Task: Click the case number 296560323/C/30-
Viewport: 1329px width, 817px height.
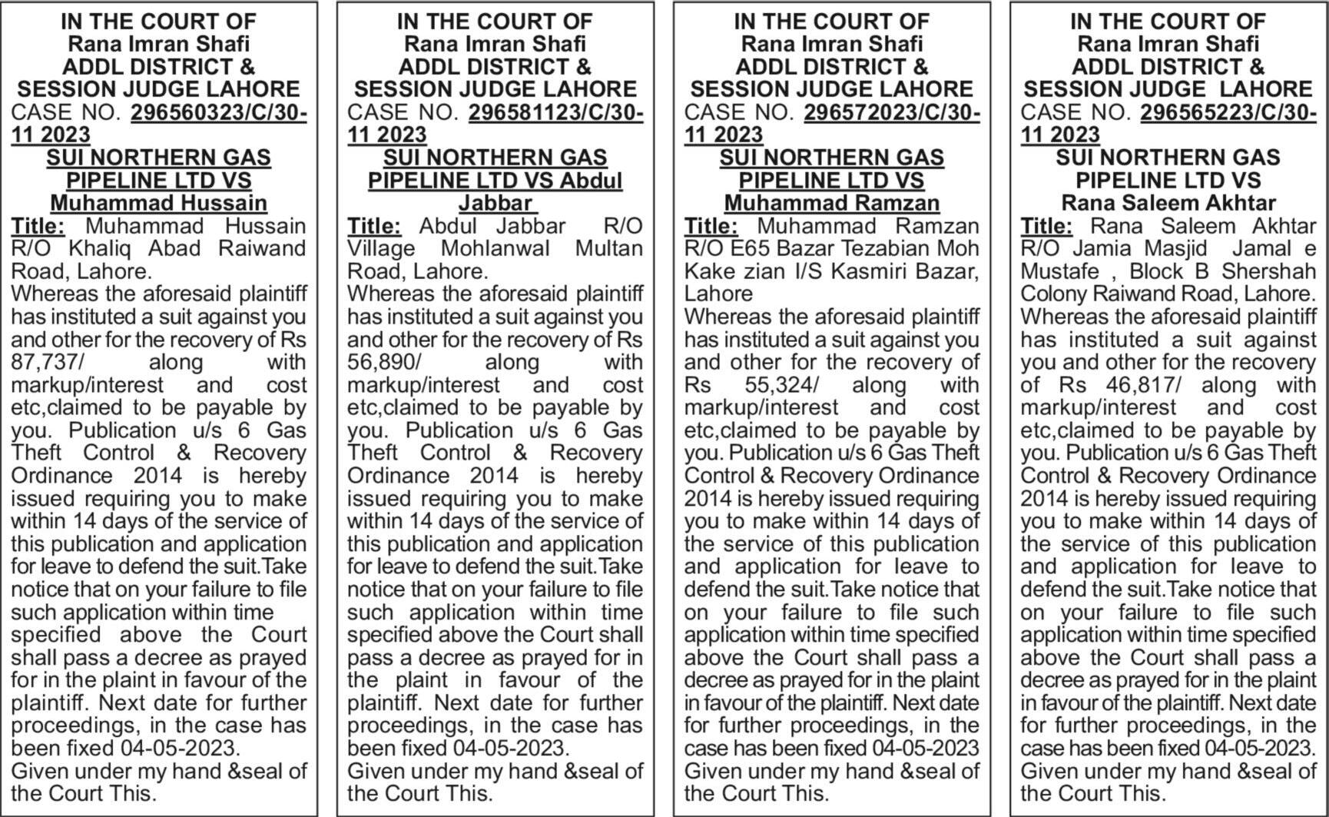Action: point(219,112)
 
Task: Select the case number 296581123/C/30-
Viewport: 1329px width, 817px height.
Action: point(555,112)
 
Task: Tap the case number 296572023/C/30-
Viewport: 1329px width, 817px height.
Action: point(892,112)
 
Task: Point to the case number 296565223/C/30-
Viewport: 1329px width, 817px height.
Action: point(1228,112)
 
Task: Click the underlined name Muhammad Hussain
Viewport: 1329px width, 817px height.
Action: point(158,203)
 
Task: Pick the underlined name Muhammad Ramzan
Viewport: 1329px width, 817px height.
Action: point(831,203)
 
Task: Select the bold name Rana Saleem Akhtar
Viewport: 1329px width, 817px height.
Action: point(1168,203)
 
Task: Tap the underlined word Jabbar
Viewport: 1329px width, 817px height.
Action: point(495,203)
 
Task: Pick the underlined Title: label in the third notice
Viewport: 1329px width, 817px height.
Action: point(711,226)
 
